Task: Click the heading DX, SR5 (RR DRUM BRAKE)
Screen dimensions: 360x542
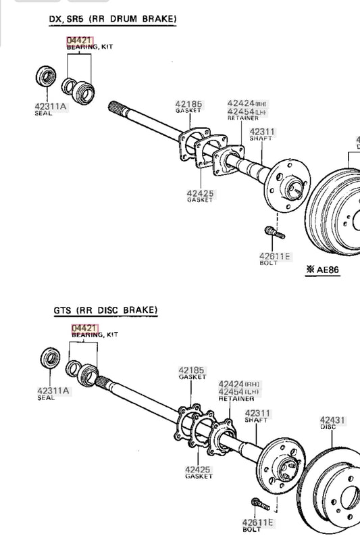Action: click(113, 19)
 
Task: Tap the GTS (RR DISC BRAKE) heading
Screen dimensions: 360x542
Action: click(106, 310)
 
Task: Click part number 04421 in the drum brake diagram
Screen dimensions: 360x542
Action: click(80, 41)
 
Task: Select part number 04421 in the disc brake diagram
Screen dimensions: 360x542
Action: click(84, 328)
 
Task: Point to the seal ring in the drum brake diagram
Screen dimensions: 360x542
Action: click(46, 76)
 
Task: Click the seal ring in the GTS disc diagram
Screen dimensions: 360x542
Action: click(51, 358)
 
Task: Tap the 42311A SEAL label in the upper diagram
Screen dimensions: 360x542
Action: click(51, 109)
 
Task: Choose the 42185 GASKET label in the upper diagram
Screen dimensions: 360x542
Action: click(188, 107)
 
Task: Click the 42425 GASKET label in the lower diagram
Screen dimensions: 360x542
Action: click(199, 472)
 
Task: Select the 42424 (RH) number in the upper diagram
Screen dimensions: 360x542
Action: click(247, 103)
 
